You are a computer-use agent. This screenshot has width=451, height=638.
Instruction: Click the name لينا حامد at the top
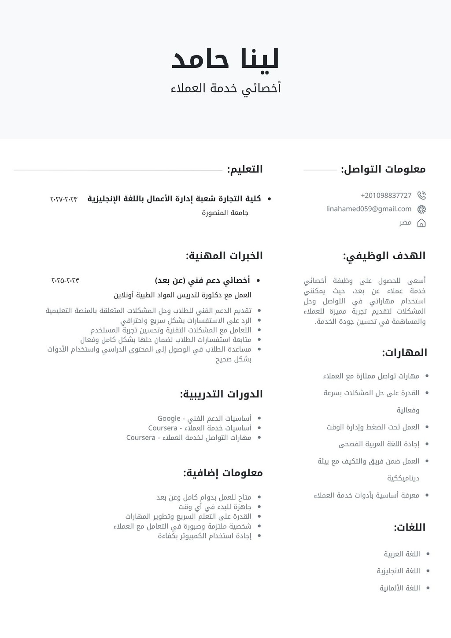click(x=225, y=59)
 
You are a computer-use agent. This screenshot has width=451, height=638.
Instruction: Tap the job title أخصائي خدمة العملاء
click(x=225, y=88)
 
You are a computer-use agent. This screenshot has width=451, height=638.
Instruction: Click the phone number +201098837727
click(x=386, y=195)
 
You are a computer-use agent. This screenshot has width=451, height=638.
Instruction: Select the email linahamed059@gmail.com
click(x=369, y=209)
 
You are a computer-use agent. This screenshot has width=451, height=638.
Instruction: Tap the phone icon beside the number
click(x=421, y=195)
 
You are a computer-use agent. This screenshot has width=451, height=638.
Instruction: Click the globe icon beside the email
click(x=421, y=209)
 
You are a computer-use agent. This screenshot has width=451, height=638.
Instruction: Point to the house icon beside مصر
click(x=421, y=223)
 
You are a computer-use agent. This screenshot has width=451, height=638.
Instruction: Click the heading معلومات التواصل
click(x=383, y=169)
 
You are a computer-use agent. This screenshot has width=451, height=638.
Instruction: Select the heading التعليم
click(x=245, y=169)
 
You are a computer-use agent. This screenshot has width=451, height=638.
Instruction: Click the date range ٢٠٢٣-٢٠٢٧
click(x=64, y=199)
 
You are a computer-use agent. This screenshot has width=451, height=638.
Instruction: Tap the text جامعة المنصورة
click(x=225, y=213)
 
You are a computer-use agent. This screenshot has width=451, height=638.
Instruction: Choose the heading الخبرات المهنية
click(x=224, y=256)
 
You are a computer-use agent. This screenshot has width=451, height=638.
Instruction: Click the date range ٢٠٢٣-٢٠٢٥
click(x=65, y=281)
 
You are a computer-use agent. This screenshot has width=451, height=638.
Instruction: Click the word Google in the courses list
click(x=169, y=419)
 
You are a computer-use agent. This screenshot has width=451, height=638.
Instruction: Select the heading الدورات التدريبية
click(x=221, y=394)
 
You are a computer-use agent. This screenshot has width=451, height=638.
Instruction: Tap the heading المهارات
click(x=404, y=352)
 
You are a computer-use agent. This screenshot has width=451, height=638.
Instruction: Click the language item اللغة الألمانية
click(x=400, y=588)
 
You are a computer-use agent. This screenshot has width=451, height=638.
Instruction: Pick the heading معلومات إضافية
click(x=223, y=473)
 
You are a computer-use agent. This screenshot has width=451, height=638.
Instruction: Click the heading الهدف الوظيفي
click(x=384, y=256)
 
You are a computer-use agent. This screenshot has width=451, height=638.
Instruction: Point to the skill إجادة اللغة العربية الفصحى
click(x=379, y=444)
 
